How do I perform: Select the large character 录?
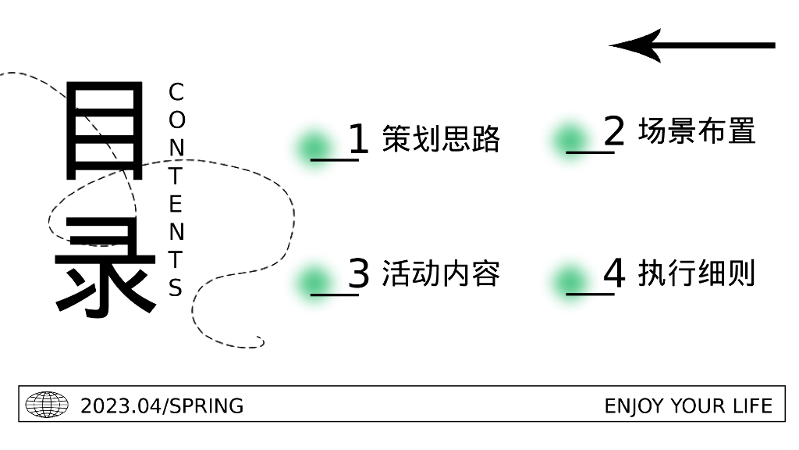tap(106, 266)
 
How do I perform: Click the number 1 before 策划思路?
tap(358, 139)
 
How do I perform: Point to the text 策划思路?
tap(441, 139)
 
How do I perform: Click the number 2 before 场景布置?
tap(614, 131)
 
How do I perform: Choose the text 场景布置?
tap(697, 131)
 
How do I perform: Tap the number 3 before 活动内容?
tap(358, 273)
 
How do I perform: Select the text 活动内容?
tap(441, 273)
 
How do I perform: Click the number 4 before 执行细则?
tap(614, 273)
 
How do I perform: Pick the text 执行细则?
tap(697, 273)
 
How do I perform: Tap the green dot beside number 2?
tap(570, 140)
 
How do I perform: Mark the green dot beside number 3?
tap(314, 280)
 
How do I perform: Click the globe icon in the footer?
tap(47, 405)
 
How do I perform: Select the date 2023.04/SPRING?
tap(162, 406)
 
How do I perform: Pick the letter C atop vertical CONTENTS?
tap(176, 92)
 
